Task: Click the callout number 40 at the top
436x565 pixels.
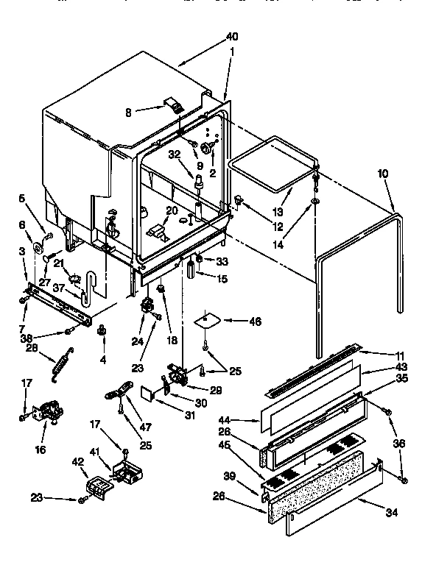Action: pyautogui.click(x=232, y=37)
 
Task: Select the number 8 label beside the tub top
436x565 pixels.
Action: pyautogui.click(x=128, y=113)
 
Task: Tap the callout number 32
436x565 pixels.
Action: pyautogui.click(x=174, y=155)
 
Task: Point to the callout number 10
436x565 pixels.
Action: pyautogui.click(x=382, y=174)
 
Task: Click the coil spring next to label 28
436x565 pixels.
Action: pyautogui.click(x=59, y=366)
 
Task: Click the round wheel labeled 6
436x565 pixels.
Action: pyautogui.click(x=38, y=246)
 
